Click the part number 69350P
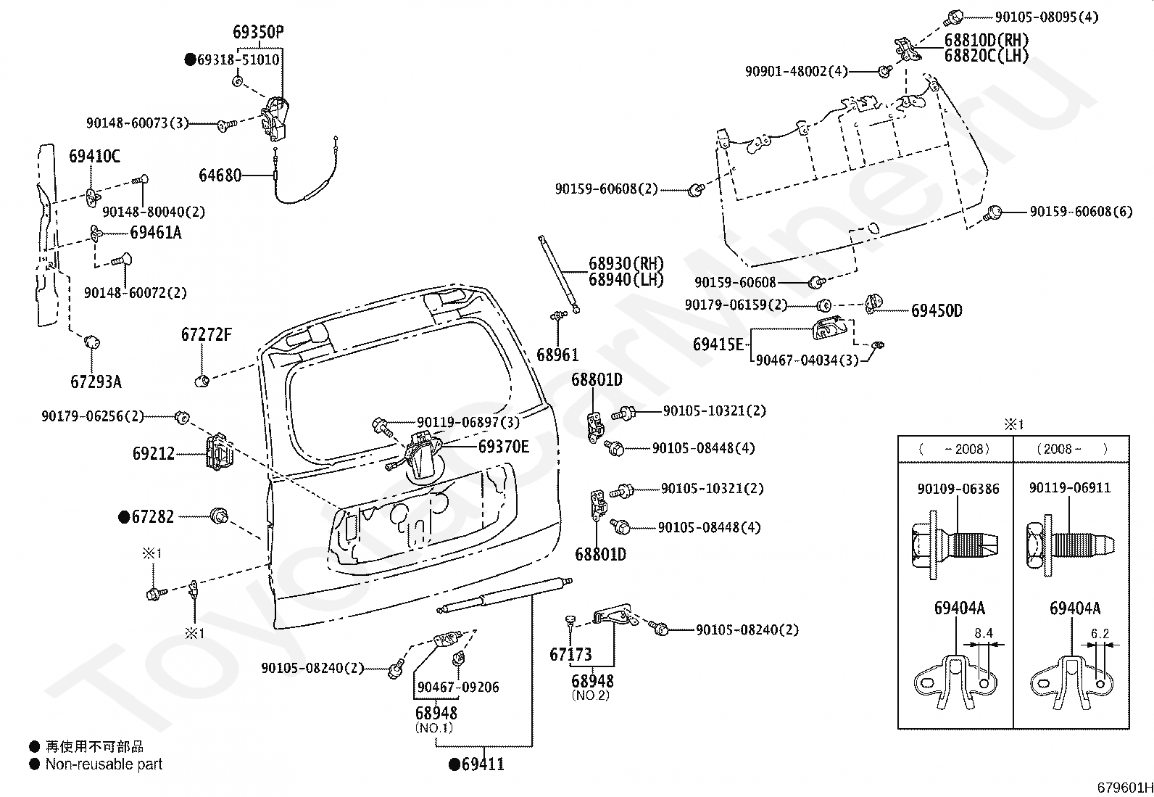coord(258,32)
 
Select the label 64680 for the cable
coord(220,175)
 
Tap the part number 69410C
coord(95,156)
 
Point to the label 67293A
coord(96,382)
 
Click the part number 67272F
coord(206,334)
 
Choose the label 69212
coord(154,454)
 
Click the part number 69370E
coord(503,447)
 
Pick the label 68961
coord(557,355)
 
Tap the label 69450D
coord(937,311)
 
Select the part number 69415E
coord(718,344)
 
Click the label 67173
coord(570,655)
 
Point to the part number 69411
coord(483,764)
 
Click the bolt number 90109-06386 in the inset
coord(958,489)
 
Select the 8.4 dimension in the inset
coord(984,633)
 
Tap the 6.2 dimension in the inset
coord(1100,633)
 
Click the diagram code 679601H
coord(1124,788)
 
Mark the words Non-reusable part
coord(104,764)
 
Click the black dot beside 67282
coord(124,517)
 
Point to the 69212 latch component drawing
coord(219,452)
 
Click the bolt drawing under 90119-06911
coord(1071,545)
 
